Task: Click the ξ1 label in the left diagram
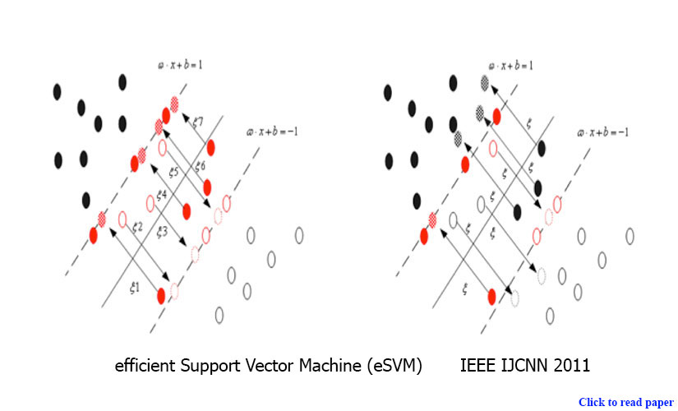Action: [134, 289]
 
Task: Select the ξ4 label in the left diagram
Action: [163, 195]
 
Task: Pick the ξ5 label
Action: [173, 173]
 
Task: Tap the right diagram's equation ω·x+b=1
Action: [511, 64]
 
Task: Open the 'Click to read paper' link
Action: [626, 402]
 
